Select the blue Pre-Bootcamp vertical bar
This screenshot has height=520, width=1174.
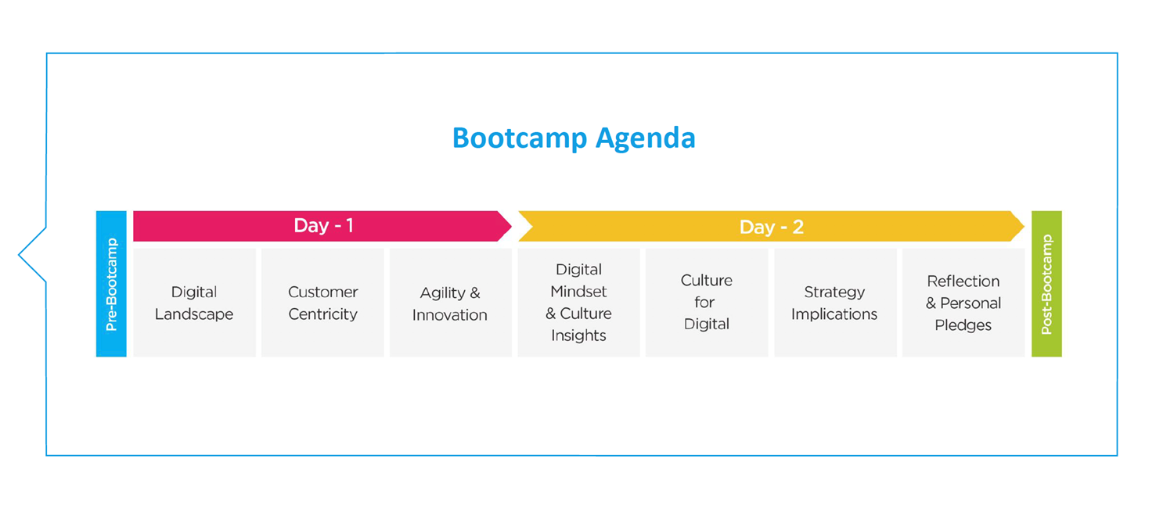point(111,284)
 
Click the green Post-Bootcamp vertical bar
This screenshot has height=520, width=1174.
point(1046,284)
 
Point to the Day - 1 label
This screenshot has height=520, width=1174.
point(323,226)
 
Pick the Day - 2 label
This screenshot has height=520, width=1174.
point(771,227)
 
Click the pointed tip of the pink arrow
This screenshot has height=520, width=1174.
point(512,226)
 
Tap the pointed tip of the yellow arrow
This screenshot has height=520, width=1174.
point(1024,226)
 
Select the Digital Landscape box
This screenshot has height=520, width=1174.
point(194,303)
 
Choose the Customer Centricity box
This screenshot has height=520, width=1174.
point(322,303)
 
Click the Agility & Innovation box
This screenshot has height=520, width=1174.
point(451,303)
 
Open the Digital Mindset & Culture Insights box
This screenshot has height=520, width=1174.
point(578,303)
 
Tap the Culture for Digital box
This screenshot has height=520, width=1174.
point(707,303)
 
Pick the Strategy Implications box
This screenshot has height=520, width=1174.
point(835,303)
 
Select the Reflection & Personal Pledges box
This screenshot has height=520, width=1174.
point(963,303)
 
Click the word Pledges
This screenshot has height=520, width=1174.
point(963,326)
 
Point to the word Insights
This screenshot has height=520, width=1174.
point(578,335)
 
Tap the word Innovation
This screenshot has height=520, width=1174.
point(450,314)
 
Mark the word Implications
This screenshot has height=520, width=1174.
point(834,314)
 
